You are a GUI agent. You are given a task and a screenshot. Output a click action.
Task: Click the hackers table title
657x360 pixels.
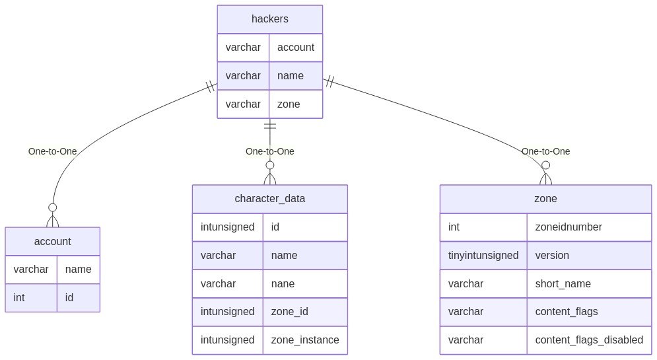[x=270, y=19]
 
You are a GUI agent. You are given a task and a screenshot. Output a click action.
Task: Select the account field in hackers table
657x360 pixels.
[x=295, y=48]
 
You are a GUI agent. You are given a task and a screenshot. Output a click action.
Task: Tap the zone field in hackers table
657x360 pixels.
[x=295, y=104]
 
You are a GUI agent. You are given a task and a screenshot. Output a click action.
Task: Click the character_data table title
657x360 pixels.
[x=270, y=199]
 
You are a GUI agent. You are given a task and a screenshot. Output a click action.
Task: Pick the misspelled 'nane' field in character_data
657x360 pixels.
[x=305, y=284]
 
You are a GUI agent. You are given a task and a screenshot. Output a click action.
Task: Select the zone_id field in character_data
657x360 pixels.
[x=305, y=312]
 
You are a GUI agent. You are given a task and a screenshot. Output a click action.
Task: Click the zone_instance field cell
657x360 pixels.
[x=305, y=340]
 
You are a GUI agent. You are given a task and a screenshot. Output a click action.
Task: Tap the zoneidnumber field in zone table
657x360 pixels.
[x=589, y=227]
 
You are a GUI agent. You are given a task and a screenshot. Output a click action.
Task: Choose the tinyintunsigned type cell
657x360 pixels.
[x=483, y=255]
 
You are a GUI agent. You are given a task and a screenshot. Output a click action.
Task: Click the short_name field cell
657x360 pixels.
[x=589, y=284]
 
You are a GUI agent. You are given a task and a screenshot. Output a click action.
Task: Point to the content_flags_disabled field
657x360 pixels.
[x=589, y=340]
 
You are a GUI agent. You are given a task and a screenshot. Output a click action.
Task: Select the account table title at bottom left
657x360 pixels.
[x=52, y=241]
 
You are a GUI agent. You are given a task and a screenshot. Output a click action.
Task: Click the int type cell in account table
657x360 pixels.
[x=31, y=297]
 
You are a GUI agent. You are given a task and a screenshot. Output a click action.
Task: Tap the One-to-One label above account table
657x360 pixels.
[x=52, y=151]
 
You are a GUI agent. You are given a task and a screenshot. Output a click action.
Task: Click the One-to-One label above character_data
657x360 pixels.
[x=270, y=151]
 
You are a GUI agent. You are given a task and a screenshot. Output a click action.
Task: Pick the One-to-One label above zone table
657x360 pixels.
[x=545, y=151]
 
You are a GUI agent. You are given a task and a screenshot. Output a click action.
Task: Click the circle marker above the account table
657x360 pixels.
[x=52, y=207]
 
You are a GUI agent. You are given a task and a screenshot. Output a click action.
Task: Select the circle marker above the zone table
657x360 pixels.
[x=545, y=165]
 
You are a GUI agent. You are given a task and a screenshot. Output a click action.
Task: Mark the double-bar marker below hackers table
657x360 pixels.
[x=270, y=126]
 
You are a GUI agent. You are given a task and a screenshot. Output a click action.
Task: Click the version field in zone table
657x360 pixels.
[x=589, y=255]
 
